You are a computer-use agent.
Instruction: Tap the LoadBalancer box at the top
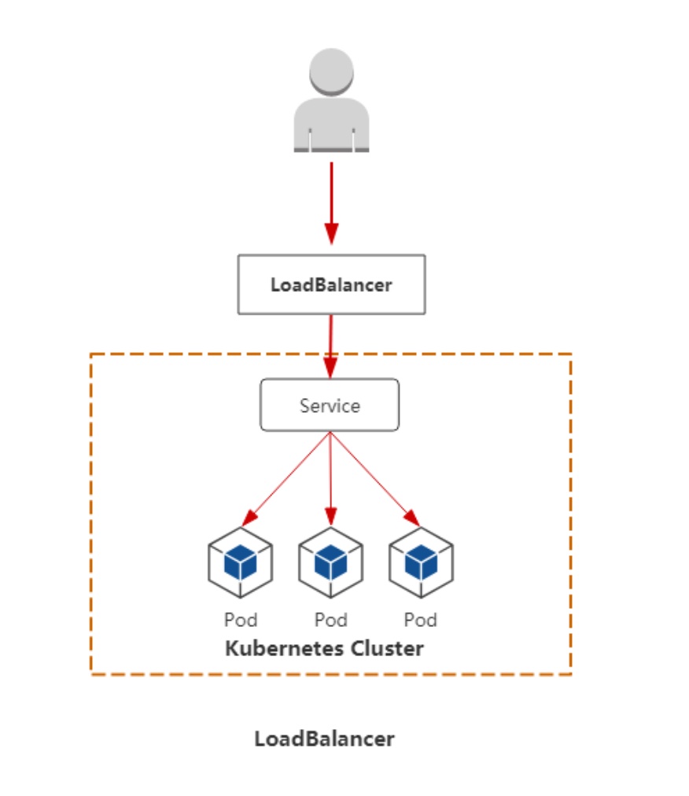click(331, 285)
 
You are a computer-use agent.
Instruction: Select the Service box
click(330, 406)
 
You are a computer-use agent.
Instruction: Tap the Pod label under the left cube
click(241, 620)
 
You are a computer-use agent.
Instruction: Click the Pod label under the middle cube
click(331, 620)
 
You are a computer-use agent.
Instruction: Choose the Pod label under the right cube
click(421, 620)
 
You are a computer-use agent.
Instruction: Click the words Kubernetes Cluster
click(325, 649)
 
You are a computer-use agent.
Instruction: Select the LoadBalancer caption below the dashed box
click(324, 739)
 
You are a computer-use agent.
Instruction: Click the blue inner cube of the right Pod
click(422, 562)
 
